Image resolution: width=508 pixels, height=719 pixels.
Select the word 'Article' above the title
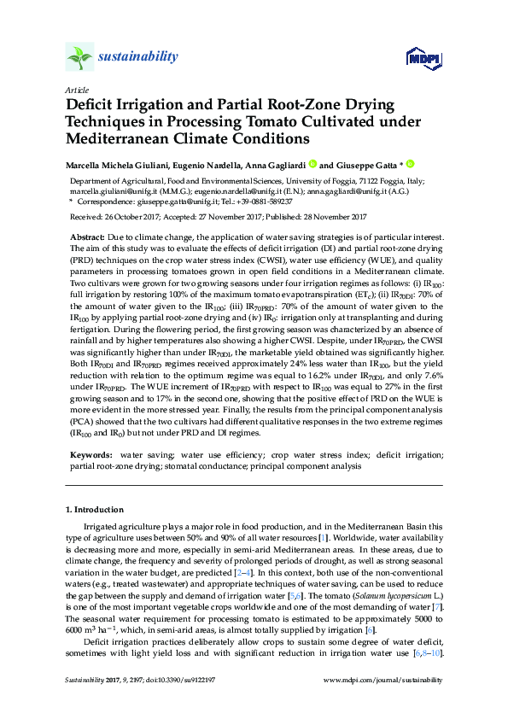[x=76, y=90]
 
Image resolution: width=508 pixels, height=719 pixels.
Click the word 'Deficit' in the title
[x=93, y=105]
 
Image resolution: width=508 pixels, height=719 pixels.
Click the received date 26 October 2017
[x=137, y=218]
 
